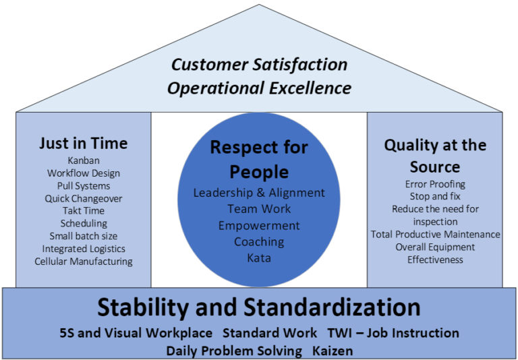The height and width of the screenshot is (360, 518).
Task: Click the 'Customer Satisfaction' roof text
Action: pos(259,65)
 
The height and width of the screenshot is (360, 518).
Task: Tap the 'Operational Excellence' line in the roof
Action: pos(259,88)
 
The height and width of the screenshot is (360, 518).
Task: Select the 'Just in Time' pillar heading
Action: pos(83,143)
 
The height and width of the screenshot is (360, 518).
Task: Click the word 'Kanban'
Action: pos(83,160)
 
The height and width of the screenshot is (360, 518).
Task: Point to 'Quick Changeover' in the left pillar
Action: pos(83,198)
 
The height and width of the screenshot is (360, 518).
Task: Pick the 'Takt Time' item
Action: pos(83,210)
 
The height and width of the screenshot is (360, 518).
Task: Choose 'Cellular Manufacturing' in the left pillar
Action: pos(84,261)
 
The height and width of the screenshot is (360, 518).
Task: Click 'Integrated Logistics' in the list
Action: pos(83,248)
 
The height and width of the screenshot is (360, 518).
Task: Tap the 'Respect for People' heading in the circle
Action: pos(259,158)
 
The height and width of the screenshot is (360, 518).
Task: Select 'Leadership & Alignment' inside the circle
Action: pos(259,193)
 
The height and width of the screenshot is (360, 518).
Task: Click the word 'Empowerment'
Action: pos(259,225)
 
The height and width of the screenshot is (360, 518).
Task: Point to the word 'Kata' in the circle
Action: pos(259,258)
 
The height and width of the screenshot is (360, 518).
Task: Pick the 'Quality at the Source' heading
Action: pos(435,155)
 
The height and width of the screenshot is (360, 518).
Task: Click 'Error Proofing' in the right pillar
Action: pos(435,183)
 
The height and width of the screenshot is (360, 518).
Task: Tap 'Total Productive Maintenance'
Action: pos(435,234)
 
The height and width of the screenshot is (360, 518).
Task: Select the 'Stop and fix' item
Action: pos(435,196)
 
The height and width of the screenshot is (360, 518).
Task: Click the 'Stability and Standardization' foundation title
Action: pos(259,307)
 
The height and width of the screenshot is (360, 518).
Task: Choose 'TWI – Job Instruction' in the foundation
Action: pos(394,333)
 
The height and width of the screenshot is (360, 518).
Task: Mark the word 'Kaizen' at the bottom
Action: pos(333,351)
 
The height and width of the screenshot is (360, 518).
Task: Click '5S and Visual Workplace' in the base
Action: pos(136,333)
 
